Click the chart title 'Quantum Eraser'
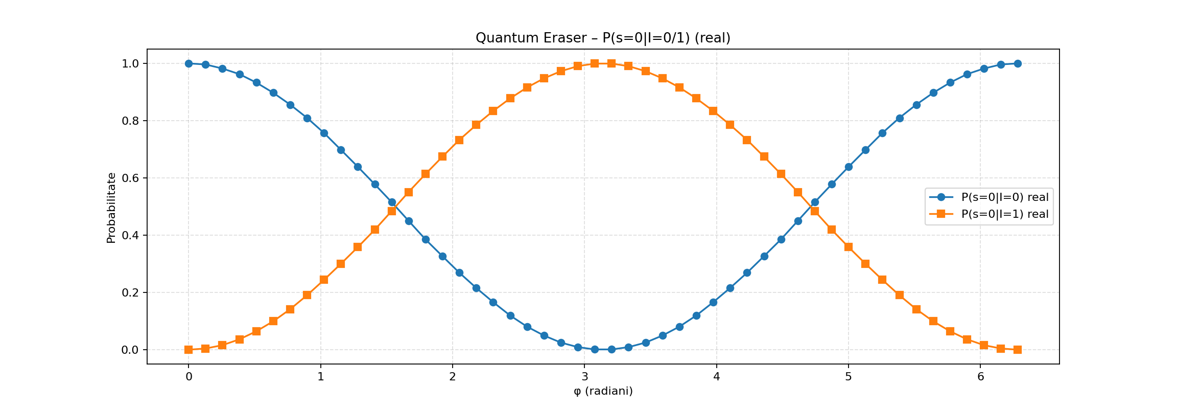click(x=603, y=38)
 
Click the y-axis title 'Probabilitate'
click(x=111, y=208)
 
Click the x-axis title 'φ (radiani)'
click(x=603, y=391)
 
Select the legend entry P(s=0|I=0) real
click(x=1004, y=197)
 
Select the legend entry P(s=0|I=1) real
click(x=1004, y=214)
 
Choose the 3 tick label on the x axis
click(x=584, y=377)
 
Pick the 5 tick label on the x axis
click(x=848, y=377)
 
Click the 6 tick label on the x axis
click(x=980, y=377)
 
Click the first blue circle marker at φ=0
click(x=189, y=63)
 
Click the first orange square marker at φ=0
click(x=189, y=350)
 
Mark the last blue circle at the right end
click(x=1018, y=63)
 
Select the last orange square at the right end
click(x=1018, y=350)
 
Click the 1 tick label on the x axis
click(x=320, y=377)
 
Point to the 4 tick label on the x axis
click(x=716, y=377)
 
